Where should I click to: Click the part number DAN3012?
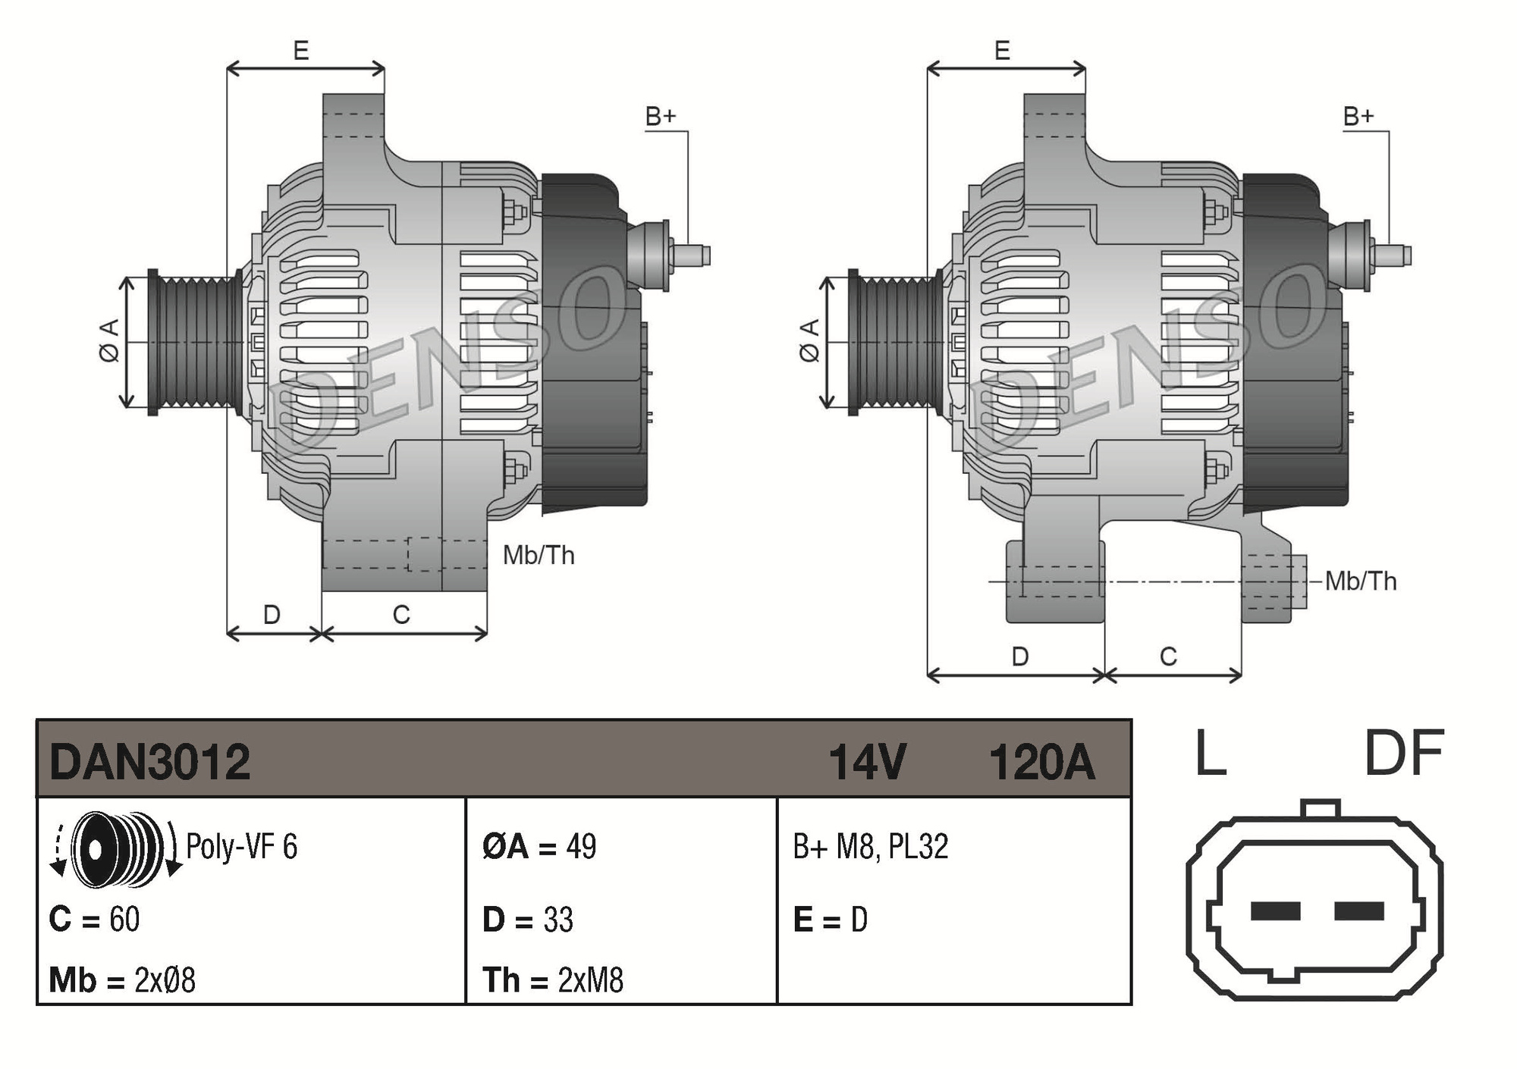149,762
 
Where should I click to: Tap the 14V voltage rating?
866,762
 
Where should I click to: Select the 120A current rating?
1041,762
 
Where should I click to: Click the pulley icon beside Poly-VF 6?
115,848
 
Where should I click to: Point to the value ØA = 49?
539,846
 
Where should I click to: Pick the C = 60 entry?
94,919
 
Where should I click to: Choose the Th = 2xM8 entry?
553,980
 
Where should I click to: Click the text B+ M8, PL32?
870,846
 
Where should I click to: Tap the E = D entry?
830,919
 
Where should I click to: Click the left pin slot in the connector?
1275,911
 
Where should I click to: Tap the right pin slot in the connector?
1358,911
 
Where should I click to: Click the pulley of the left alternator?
194,342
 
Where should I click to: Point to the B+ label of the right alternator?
1358,116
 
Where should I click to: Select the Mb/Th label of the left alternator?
539,555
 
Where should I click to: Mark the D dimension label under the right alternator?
1019,657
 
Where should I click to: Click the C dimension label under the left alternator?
401,614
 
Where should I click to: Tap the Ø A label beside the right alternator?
810,340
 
